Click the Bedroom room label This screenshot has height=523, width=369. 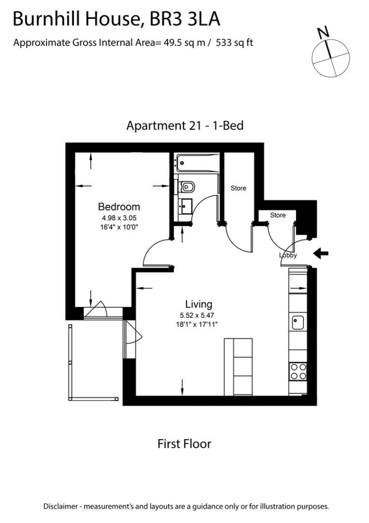(119, 207)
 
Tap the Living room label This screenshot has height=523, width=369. (198, 305)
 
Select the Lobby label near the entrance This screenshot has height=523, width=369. (288, 255)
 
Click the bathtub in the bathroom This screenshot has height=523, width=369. (196, 162)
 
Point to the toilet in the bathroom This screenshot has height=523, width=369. (187, 187)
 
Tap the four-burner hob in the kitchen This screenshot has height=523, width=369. (298, 371)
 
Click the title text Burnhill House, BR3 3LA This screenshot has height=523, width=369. (116, 19)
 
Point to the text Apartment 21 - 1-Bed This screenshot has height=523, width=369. (184, 125)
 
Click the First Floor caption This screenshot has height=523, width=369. (184, 444)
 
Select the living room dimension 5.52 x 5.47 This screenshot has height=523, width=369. (198, 315)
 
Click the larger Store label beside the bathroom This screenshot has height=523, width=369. (239, 188)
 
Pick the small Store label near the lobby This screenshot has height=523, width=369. (278, 216)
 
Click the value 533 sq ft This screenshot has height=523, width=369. (235, 43)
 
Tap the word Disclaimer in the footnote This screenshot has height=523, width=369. (62, 507)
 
